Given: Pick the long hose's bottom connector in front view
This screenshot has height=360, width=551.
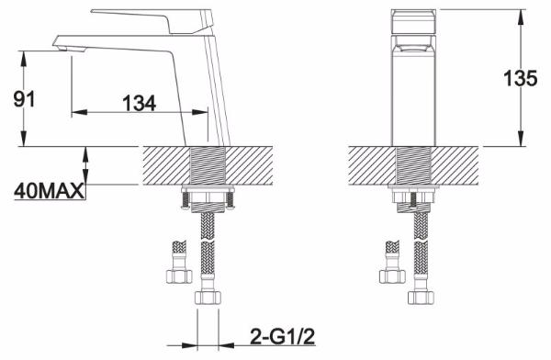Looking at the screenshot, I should click(422, 298).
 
